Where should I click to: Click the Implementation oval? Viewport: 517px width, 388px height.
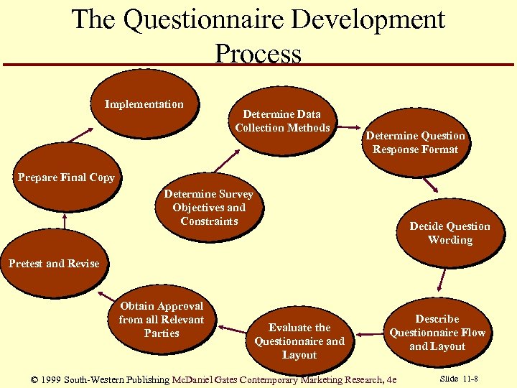coord(144,105)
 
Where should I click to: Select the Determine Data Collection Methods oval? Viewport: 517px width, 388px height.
coord(282,121)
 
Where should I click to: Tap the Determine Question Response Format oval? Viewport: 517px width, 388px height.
coord(415,142)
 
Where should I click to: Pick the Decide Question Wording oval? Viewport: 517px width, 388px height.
coord(450,233)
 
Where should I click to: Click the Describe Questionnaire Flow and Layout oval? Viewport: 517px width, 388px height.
coord(437,332)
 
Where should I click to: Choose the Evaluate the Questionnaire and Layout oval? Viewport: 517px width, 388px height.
coord(299,341)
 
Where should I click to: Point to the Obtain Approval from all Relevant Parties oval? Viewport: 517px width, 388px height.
coord(162,320)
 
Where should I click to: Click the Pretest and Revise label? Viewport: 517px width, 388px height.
coord(54,264)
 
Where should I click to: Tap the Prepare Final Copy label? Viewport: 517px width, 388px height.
coord(66,177)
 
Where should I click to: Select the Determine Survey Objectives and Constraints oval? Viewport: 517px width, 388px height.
coord(209,207)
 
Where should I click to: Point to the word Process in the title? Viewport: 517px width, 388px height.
coord(258,53)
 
